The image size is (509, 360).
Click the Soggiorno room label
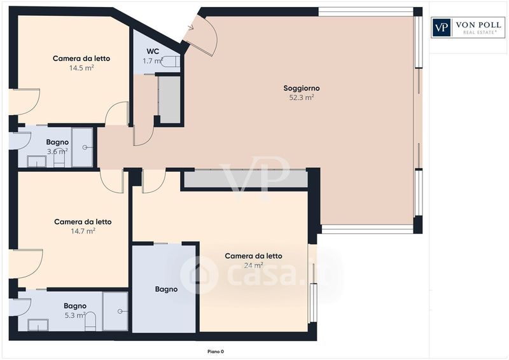coord(301,88)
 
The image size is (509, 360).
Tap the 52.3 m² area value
coord(301,97)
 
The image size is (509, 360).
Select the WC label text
coord(153,52)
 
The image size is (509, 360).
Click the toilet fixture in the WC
coord(170,61)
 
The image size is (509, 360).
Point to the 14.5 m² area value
coord(81,68)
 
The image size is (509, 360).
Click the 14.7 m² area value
coord(83,231)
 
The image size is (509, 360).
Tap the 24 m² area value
coord(253,265)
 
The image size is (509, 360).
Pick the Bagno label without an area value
coord(166,289)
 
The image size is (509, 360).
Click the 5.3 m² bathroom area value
coord(75,315)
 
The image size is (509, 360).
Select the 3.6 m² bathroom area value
coord(57,151)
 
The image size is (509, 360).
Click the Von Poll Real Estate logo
coord(468,27)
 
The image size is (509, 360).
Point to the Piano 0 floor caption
coord(216,351)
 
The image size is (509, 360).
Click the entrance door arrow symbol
coord(190,27)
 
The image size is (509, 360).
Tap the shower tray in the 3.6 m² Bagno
coord(83,147)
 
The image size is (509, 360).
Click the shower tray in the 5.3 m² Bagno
coord(115,311)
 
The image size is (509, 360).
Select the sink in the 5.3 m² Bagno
coord(38,324)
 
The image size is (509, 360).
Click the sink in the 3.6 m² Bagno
coord(37,161)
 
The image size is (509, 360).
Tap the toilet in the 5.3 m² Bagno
coord(90,321)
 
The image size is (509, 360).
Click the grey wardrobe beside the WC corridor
coord(169,100)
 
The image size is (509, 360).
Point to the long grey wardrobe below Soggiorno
coord(246,179)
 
